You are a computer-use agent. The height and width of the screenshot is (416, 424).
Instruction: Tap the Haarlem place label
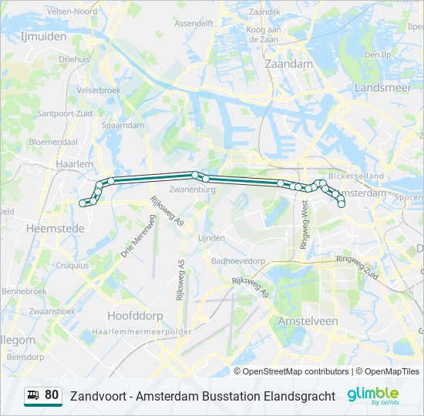tap(74, 165)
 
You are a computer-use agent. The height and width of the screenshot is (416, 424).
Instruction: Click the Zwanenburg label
tap(190, 189)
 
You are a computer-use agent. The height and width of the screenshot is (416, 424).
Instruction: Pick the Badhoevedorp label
tap(237, 260)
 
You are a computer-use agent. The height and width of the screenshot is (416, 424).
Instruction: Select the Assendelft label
tap(193, 24)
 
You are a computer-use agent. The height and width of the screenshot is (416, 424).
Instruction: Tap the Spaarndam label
tap(123, 125)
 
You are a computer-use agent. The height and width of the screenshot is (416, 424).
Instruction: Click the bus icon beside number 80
tap(34, 396)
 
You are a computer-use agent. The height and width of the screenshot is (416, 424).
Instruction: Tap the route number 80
tap(52, 395)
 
